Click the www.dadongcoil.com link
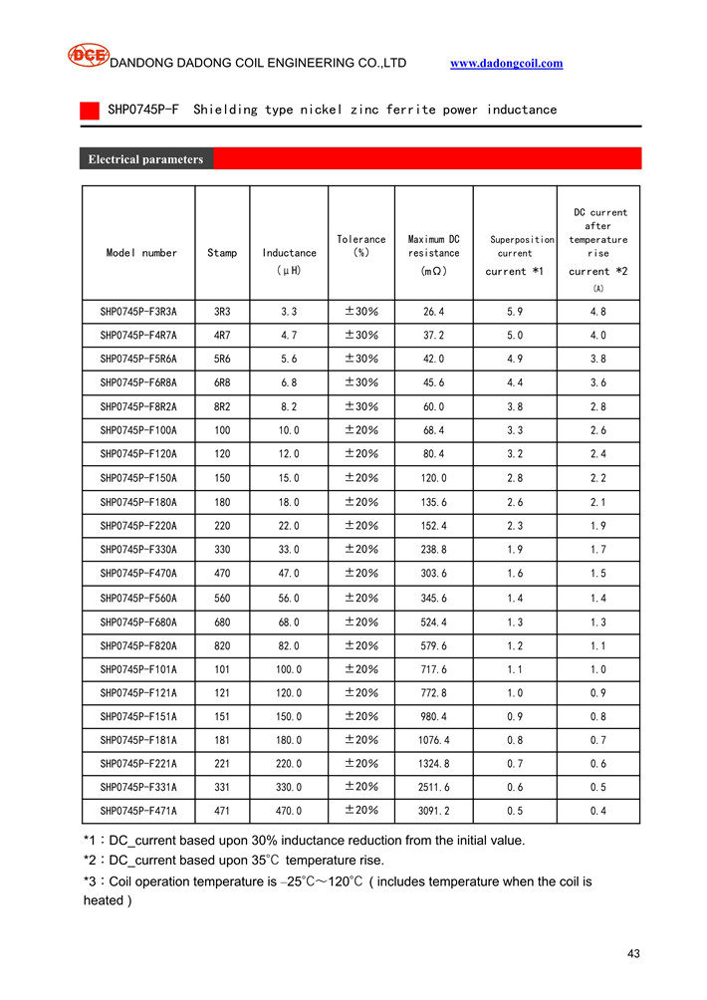[x=506, y=63]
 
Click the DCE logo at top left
[x=88, y=55]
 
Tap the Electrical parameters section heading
[x=145, y=159]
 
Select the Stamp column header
[x=222, y=253]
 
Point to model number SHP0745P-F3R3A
[x=138, y=311]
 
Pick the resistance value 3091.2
[x=434, y=811]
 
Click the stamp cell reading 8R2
[x=222, y=406]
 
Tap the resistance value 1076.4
[x=434, y=740]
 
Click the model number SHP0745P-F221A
[x=138, y=764]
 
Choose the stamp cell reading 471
[x=222, y=811]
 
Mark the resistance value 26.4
[x=434, y=311]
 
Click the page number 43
[x=633, y=954]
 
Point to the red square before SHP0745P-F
[x=89, y=110]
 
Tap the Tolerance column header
[x=361, y=246]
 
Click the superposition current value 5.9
[x=515, y=311]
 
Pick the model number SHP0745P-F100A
[x=138, y=430]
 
